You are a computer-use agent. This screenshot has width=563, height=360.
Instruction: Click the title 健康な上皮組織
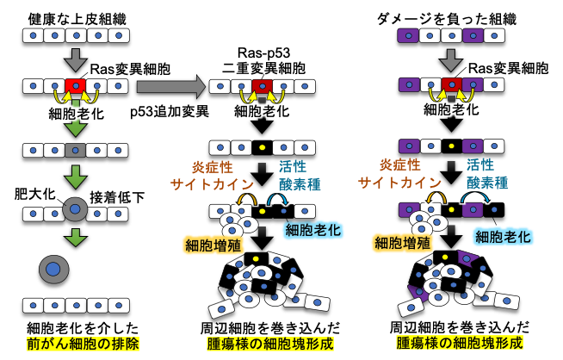point(76,16)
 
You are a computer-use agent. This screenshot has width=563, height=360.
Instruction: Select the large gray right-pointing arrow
point(170,86)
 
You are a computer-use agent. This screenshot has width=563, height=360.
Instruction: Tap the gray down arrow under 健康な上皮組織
point(76,59)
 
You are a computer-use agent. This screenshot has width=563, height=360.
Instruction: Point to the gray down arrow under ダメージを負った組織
point(451,59)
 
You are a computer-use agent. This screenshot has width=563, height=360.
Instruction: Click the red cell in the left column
point(76,86)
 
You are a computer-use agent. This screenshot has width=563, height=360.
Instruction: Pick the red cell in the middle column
point(263,86)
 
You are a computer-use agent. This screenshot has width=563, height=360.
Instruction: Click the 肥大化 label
point(34,194)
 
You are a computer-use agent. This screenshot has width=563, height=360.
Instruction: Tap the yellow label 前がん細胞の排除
point(76,342)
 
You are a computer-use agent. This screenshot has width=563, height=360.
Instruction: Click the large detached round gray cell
point(54,270)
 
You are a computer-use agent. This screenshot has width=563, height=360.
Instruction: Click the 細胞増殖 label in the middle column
point(212,245)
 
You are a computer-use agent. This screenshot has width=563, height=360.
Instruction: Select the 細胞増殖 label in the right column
point(401,243)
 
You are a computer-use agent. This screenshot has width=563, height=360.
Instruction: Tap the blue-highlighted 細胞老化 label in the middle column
point(312,229)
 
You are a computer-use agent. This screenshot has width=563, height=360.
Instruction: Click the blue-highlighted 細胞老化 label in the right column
point(503,236)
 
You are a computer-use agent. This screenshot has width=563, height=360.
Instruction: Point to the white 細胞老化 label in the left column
point(76,113)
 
